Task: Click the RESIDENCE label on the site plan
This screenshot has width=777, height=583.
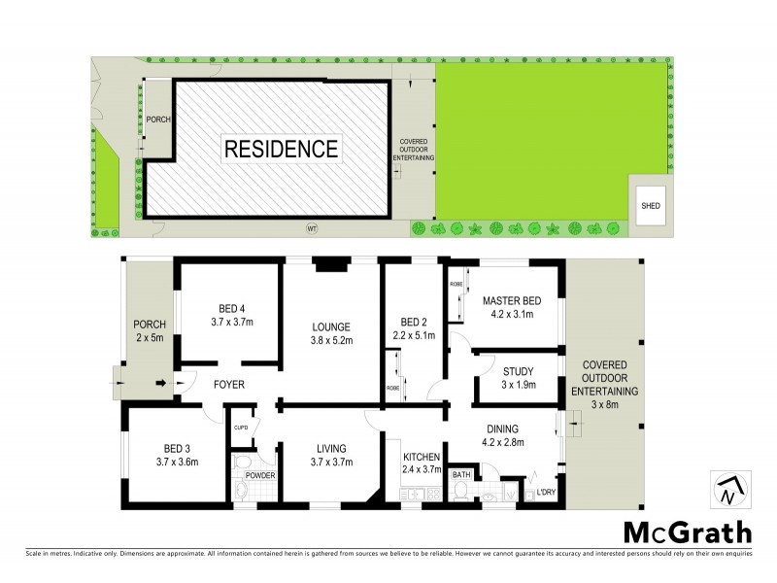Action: (x=282, y=150)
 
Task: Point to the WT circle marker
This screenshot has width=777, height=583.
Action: (x=312, y=230)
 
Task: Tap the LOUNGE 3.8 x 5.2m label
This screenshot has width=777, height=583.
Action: (x=331, y=334)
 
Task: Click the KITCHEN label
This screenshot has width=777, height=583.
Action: (x=422, y=463)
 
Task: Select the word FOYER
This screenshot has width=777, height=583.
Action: (x=229, y=385)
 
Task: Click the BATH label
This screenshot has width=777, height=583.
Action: (x=460, y=475)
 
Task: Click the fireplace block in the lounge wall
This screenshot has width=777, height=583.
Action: (x=331, y=262)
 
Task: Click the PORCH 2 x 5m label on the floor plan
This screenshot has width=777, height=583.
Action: (x=151, y=330)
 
